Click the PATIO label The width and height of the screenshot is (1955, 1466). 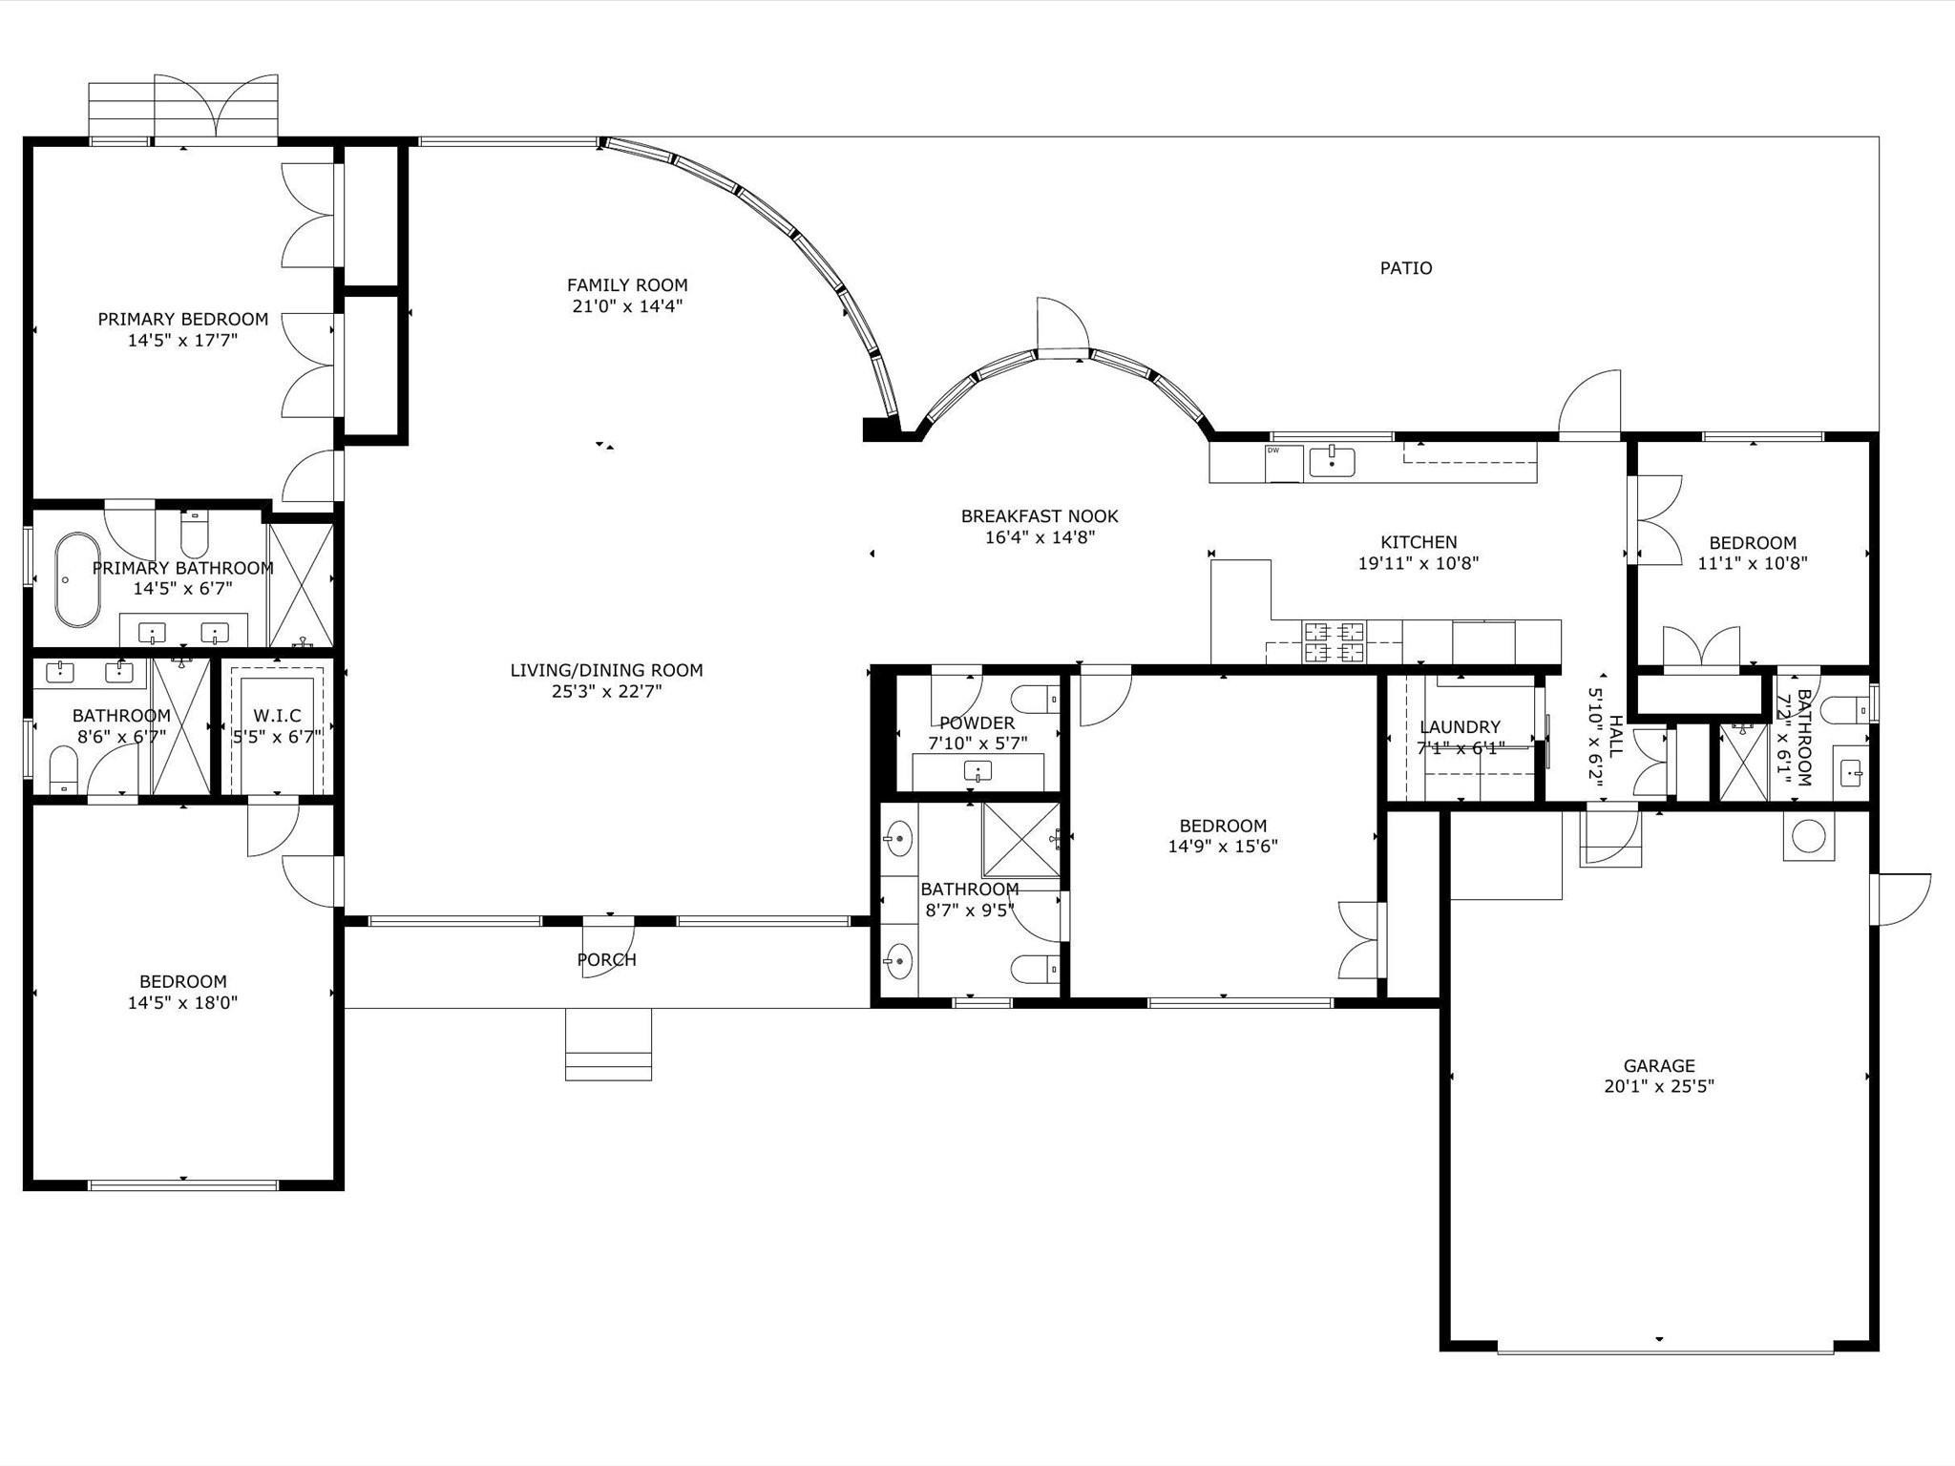[1405, 268]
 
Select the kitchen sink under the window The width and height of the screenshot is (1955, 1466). [1331, 462]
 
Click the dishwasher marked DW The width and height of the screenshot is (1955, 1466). [1283, 463]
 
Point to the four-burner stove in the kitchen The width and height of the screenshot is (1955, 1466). [1334, 641]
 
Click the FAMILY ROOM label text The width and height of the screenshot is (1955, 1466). [627, 285]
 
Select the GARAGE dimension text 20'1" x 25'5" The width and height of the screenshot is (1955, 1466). [1659, 1086]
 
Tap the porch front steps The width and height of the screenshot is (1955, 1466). [608, 1045]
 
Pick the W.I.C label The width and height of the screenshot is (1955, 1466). [278, 716]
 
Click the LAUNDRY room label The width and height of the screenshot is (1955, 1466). [1460, 727]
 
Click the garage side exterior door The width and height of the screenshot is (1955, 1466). [1900, 899]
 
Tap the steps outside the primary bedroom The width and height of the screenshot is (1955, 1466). [121, 110]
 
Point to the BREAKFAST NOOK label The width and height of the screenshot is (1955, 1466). [1040, 516]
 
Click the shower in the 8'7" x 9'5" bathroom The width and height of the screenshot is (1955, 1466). [1020, 839]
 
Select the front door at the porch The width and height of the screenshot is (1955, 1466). [608, 945]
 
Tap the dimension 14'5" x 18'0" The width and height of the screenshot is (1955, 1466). [182, 1003]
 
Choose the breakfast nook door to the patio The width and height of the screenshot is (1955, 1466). [1062, 329]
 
